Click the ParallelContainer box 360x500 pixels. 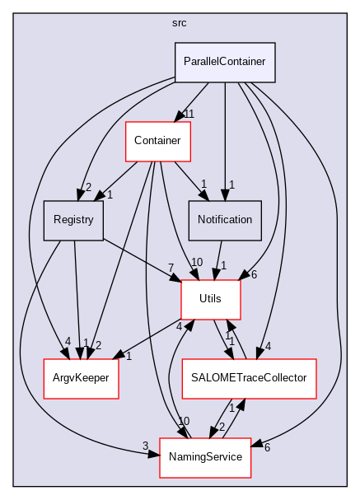(x=224, y=62)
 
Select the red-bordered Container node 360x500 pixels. (x=157, y=141)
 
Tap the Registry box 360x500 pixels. (x=73, y=220)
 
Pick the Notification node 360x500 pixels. (x=226, y=220)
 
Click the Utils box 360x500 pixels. (x=211, y=299)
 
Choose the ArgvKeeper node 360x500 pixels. (x=82, y=378)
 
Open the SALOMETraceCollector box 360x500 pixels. (x=249, y=378)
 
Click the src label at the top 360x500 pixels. (x=180, y=23)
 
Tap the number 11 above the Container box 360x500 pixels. (x=188, y=113)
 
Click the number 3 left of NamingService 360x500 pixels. (x=145, y=446)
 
